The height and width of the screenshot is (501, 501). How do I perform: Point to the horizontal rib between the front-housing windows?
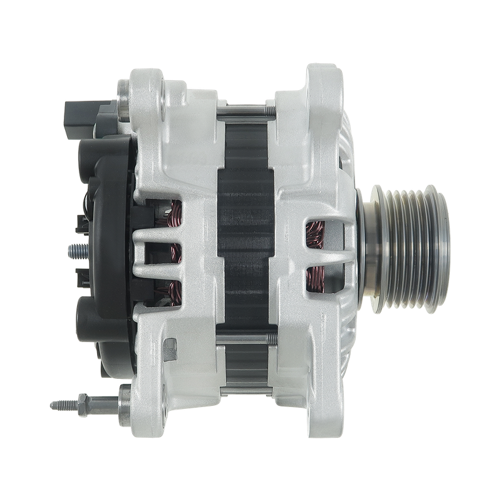click(319, 257)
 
